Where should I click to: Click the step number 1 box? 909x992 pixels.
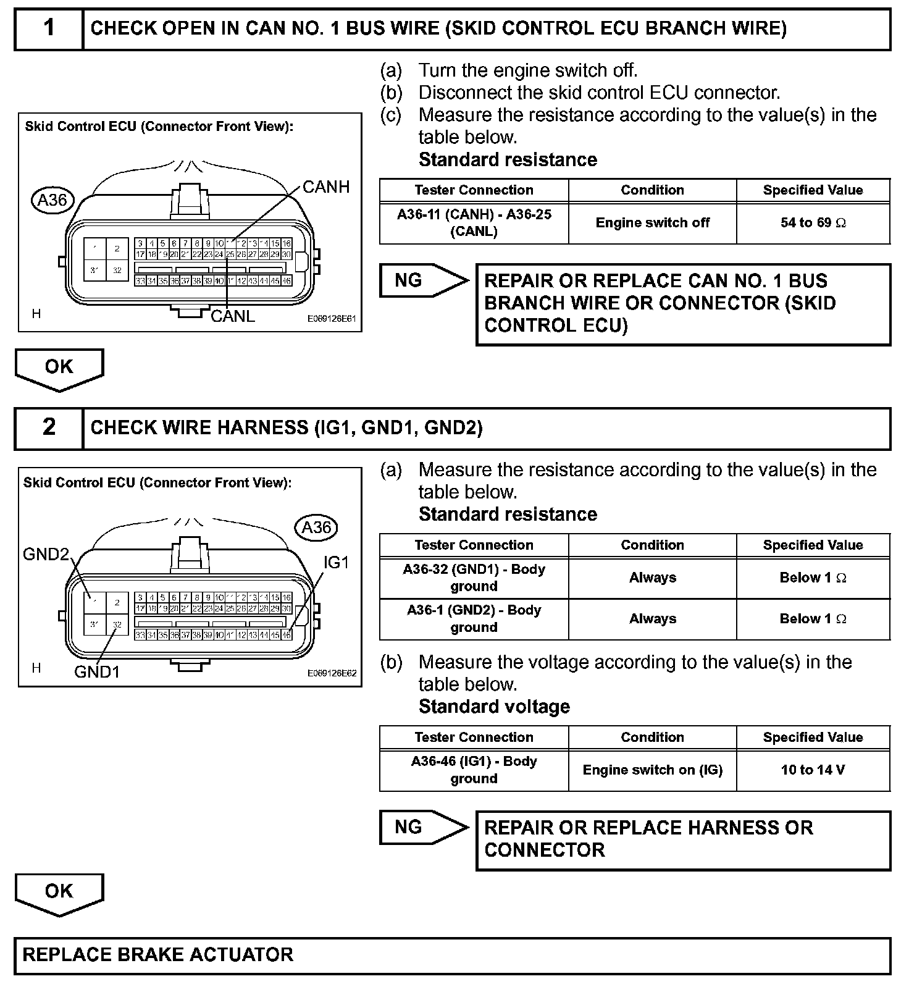49,28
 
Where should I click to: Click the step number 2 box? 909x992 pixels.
49,427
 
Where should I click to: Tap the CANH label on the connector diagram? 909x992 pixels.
325,187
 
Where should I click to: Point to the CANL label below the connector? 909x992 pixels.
233,316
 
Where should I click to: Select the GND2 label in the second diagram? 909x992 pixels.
46,554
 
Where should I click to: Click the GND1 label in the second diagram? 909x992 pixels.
96,672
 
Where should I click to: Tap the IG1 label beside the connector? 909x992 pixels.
336,562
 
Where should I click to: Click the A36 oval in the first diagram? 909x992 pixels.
52,200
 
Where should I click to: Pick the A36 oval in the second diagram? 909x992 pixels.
316,528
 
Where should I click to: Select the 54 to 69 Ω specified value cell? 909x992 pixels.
813,223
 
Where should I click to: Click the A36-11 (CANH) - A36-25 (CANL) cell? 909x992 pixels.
474,223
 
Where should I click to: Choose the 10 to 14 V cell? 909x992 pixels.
813,770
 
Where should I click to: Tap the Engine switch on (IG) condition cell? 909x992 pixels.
652,770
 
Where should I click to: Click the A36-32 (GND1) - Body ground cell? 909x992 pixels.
474,578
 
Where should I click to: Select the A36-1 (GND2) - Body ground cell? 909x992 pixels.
474,618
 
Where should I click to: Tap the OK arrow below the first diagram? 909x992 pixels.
59,368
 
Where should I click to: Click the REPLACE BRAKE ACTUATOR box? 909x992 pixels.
452,955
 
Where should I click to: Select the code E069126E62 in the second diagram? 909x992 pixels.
332,673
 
